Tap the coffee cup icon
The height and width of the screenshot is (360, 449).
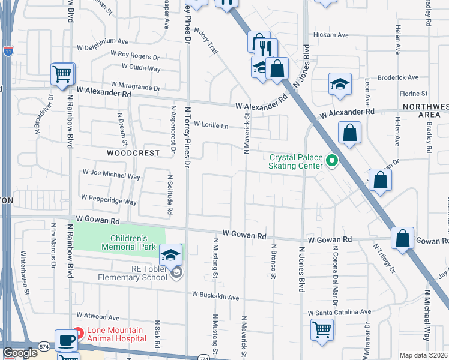66,340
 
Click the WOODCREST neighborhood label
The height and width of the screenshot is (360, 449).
133,153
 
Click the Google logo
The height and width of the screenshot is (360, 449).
20,353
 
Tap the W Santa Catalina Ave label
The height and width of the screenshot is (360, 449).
339,313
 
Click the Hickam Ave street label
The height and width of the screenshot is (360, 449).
334,35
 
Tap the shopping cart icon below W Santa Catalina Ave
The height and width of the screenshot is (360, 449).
322,328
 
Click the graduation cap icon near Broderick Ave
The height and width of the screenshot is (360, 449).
340,84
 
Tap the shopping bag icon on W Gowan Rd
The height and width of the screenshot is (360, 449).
402,238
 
